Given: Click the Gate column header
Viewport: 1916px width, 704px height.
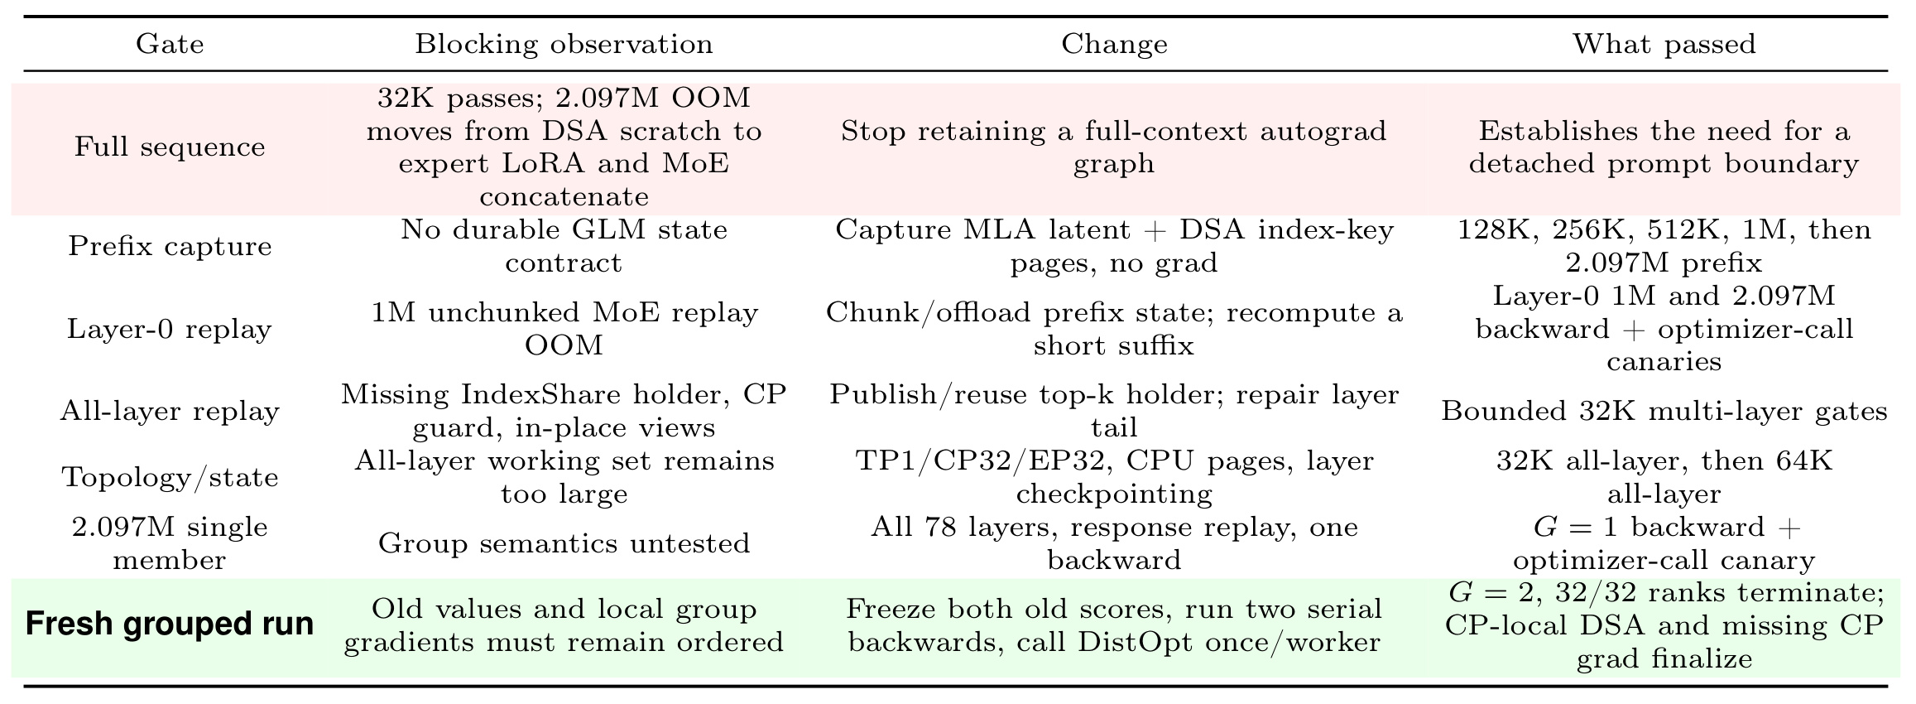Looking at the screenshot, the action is [170, 44].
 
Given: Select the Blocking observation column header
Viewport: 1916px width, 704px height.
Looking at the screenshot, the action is [564, 44].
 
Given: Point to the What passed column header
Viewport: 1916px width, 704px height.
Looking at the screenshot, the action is [1664, 44].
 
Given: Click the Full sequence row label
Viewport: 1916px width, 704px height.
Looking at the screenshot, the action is [170, 147].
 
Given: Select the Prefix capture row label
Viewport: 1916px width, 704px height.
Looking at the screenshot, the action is [170, 246].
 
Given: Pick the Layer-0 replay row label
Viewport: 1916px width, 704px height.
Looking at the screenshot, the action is [170, 329].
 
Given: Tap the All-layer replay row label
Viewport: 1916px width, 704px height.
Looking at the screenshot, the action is [170, 411].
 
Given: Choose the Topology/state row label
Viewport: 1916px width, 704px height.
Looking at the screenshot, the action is [170, 477].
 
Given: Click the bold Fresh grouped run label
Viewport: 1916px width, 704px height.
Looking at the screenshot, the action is [170, 624].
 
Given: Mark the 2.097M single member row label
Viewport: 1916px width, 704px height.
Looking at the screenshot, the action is [170, 543].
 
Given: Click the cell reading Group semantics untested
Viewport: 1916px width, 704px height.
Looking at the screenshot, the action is [564, 543].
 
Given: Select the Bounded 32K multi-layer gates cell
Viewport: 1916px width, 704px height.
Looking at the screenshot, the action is [1664, 411].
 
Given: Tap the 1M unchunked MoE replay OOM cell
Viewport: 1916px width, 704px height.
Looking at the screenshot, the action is [564, 329].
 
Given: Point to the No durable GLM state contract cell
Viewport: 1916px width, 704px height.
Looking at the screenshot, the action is [564, 246].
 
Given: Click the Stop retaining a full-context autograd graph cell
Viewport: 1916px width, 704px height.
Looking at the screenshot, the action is [1114, 147].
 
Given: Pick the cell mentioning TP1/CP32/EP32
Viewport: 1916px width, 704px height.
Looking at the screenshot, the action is [1114, 477].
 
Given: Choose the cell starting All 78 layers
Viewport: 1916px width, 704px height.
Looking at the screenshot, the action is [1114, 543].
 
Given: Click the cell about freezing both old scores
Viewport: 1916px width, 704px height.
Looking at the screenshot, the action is [1114, 624].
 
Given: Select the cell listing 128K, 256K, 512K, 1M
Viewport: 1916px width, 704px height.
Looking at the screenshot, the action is [1664, 246].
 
